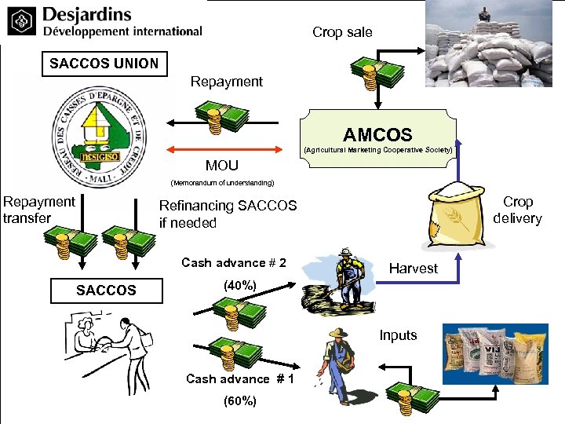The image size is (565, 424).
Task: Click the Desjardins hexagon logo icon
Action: (21, 24)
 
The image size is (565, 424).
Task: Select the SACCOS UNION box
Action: (104, 64)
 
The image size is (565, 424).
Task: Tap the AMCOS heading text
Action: (377, 135)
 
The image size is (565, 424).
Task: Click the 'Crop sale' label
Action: (342, 32)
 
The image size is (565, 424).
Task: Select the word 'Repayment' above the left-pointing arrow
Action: (227, 82)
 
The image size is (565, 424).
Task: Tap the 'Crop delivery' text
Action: (518, 210)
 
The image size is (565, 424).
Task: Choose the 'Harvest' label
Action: (414, 269)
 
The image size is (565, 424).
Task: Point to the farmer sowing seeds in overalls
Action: (337, 361)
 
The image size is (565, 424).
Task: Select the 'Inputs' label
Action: (398, 335)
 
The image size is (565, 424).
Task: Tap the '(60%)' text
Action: (239, 400)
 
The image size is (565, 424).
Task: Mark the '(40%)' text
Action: (239, 286)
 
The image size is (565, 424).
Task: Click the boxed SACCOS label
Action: (106, 291)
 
